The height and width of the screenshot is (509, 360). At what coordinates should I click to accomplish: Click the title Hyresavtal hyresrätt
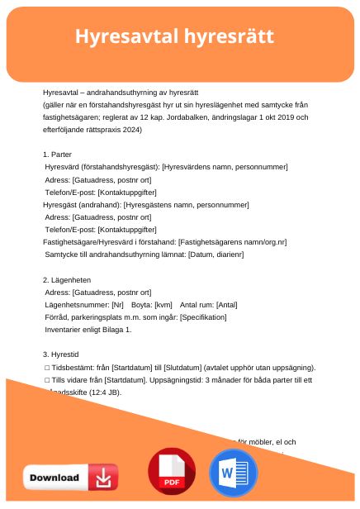tap(174, 37)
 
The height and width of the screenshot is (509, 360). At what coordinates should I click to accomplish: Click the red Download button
tap(70, 478)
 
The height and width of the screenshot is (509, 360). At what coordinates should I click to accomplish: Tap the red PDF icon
tap(171, 473)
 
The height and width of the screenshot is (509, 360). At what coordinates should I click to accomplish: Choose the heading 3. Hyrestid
tap(61, 354)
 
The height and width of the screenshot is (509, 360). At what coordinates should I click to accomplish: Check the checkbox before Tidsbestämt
tap(47, 368)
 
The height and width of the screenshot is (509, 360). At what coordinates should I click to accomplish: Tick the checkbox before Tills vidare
tap(47, 380)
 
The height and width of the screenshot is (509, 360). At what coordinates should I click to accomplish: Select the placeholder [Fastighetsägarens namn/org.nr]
tap(233, 242)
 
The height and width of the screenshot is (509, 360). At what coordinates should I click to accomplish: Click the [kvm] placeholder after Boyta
tap(163, 305)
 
